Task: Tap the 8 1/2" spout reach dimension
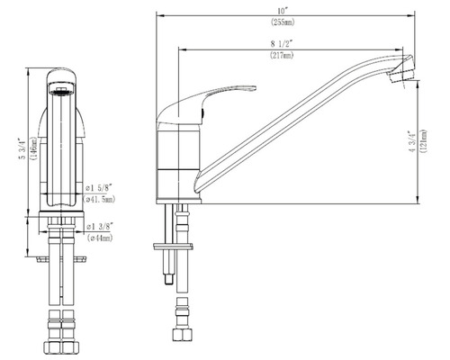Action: (283, 44)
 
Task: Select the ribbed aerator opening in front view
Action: (60, 88)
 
